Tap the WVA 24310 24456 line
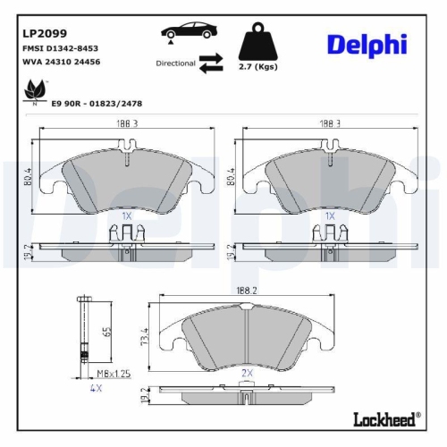(x=61, y=62)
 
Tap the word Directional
(x=175, y=63)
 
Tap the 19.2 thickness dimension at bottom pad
(x=147, y=394)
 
